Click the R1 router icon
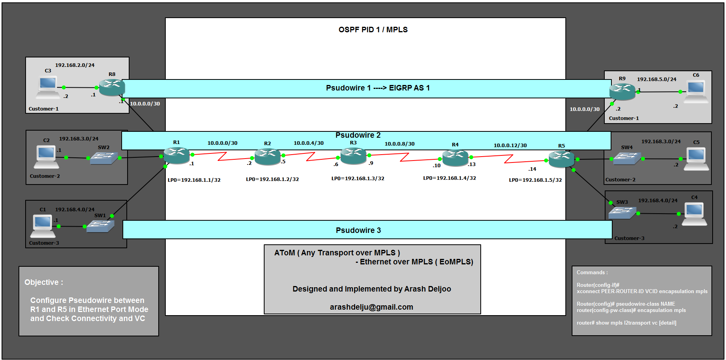pyautogui.click(x=176, y=155)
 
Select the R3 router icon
pyautogui.click(x=353, y=156)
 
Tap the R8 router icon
pyautogui.click(x=112, y=87)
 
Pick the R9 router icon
pyautogui.click(x=622, y=92)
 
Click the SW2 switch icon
pyautogui.click(x=104, y=158)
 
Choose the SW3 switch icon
pyautogui.click(x=622, y=213)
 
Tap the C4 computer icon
pyautogui.click(x=694, y=214)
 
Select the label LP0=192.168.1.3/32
pyautogui.click(x=357, y=179)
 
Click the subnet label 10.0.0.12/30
pyautogui.click(x=510, y=146)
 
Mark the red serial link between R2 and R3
pyautogui.click(x=310, y=157)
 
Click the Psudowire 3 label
pyautogui.click(x=358, y=231)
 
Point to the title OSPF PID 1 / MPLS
pyautogui.click(x=373, y=30)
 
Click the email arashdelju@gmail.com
pyautogui.click(x=371, y=307)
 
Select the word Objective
pyautogui.click(x=41, y=282)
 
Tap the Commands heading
pyautogui.click(x=592, y=273)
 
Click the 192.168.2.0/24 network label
pyautogui.click(x=74, y=65)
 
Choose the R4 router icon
pyautogui.click(x=455, y=158)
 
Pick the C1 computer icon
pyautogui.click(x=43, y=226)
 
